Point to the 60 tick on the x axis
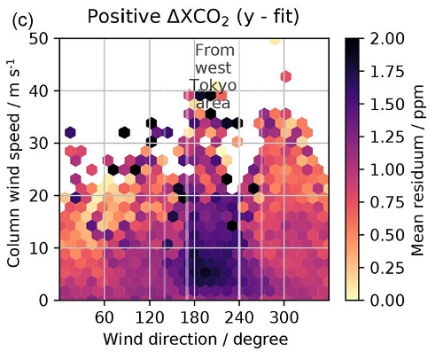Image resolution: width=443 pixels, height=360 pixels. tap(104, 317)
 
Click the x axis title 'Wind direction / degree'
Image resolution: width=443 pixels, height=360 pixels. tap(194, 340)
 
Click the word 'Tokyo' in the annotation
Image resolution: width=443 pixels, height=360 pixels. tap(213, 85)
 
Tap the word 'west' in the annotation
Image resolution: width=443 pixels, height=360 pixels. tap(214, 67)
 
